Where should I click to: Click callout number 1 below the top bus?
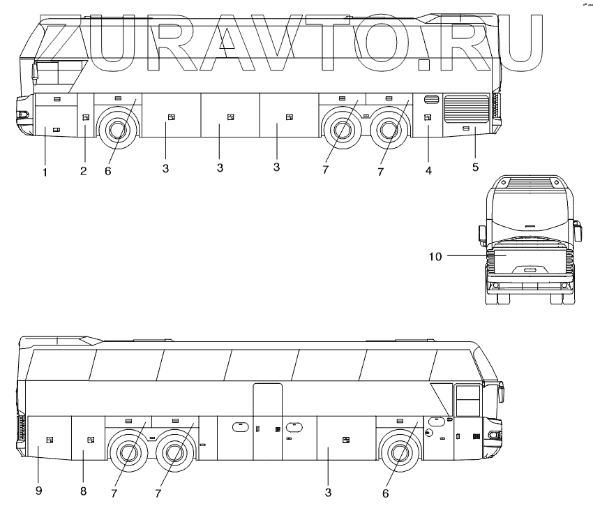pos(45,171)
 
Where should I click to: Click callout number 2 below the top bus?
pos(83,171)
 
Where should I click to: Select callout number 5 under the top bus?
pos(475,168)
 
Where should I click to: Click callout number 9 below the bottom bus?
pos(39,491)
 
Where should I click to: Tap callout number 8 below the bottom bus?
pos(83,491)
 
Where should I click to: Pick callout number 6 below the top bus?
pos(108,171)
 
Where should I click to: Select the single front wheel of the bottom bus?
pos(400,452)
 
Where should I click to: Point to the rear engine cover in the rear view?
pos(527,264)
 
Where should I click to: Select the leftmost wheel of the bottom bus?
pos(126,452)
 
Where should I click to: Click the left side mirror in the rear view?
pos(481,234)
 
